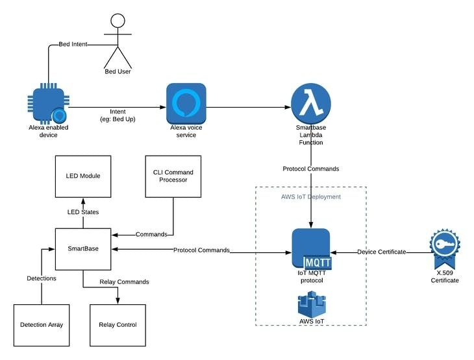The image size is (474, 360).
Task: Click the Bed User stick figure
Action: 118,41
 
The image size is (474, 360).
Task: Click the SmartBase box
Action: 82,249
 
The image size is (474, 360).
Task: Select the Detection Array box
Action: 42,324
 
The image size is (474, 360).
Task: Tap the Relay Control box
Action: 118,324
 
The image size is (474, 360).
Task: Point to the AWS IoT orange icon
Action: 311,305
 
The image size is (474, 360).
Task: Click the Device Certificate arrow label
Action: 382,250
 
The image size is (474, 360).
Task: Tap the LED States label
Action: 82,212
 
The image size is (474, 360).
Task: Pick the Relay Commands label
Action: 124,282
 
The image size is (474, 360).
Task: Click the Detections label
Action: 41,278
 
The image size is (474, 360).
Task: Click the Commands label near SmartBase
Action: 151,234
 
